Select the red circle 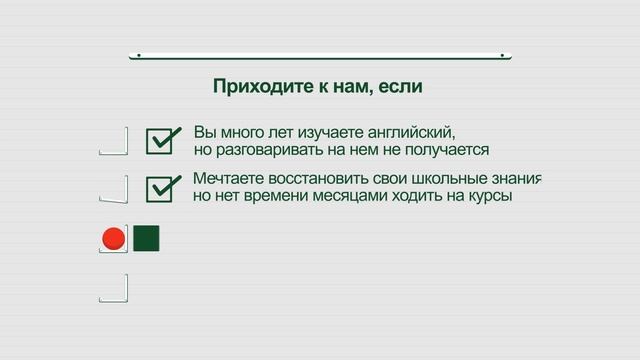tap(113, 239)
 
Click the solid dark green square tap(146, 238)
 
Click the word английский tap(418, 132)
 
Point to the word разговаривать tap(266, 150)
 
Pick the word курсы tap(490, 197)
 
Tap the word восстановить tap(317, 179)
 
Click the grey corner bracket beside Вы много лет tap(115, 142)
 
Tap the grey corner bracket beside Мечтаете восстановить tap(115, 189)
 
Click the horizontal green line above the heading tap(320, 56)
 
